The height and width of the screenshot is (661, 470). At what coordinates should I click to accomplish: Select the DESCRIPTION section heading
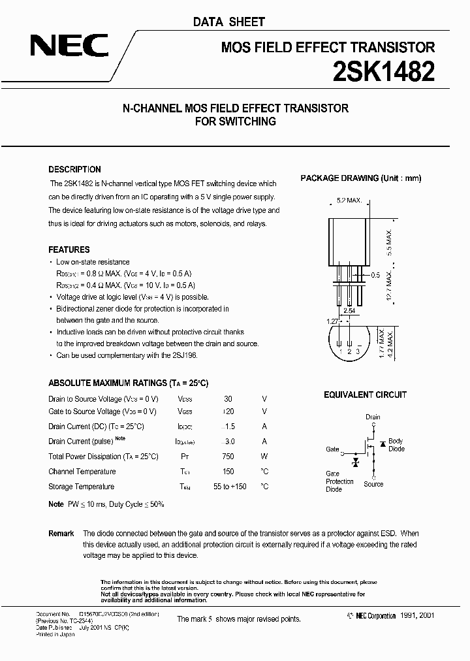[74, 169]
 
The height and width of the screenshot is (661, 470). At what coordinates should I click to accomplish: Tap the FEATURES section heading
[69, 250]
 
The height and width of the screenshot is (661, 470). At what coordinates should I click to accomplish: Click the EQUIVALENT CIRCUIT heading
[366, 395]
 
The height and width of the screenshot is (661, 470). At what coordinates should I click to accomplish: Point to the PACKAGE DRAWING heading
[361, 178]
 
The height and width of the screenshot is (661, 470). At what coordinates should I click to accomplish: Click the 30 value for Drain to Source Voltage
[228, 398]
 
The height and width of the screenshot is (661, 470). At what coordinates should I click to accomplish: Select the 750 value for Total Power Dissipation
[228, 457]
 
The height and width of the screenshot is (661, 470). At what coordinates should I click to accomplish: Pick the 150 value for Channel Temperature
[228, 472]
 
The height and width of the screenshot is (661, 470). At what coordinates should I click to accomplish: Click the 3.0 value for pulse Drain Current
[228, 442]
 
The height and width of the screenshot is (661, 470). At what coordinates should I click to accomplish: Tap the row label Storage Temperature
[81, 487]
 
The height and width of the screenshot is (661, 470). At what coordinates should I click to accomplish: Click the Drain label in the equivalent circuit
[373, 417]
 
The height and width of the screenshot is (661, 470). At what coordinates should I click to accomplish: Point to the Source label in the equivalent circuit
[373, 484]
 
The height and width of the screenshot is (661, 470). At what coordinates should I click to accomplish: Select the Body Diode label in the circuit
[396, 445]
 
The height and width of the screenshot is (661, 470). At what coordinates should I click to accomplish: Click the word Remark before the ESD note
[61, 534]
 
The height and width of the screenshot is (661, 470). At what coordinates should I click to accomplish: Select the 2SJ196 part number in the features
[184, 355]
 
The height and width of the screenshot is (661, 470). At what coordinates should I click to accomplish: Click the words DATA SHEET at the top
[228, 22]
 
